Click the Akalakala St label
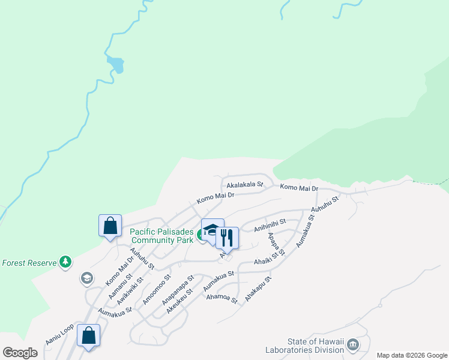pos(245,185)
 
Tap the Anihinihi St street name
pos(270,225)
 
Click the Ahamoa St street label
pos(221,298)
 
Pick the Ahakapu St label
pos(258,289)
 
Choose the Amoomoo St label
pos(156,289)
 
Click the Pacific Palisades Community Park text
pos(162,235)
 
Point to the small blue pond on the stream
pos(115,64)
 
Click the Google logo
pos(20,352)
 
